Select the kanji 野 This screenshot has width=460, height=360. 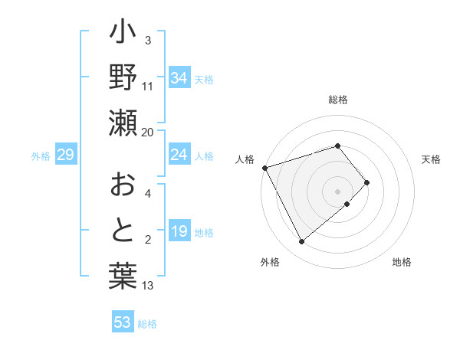click(123, 78)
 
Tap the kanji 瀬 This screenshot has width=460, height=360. click(123, 122)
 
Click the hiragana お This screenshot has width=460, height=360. click(123, 185)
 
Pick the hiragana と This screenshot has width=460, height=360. click(123, 231)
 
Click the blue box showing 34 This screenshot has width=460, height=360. click(179, 77)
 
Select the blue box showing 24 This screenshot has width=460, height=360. click(179, 155)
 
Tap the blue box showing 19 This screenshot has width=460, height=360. click(179, 232)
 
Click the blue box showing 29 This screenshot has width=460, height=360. click(65, 155)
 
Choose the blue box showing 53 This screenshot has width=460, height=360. click(123, 322)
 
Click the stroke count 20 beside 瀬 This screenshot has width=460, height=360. click(148, 132)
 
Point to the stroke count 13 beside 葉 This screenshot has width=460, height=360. click(148, 286)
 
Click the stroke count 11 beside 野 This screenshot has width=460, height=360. click(148, 86)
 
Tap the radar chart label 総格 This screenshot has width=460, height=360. click(338, 100)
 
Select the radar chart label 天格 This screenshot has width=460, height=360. click(431, 159)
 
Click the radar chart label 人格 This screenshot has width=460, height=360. click(245, 159)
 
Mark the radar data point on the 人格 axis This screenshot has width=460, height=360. click(264, 167)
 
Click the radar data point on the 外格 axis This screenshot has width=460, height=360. click(301, 242)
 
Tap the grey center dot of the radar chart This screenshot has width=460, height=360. click(338, 191)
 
